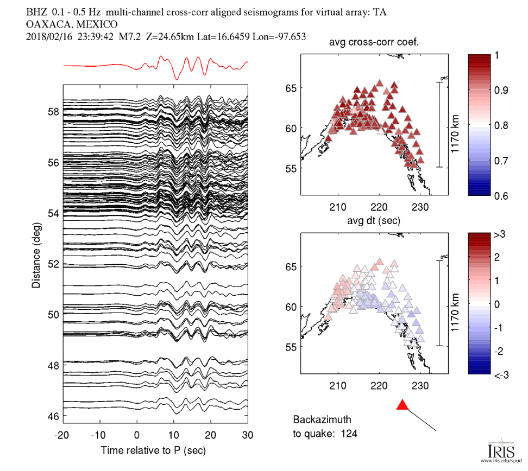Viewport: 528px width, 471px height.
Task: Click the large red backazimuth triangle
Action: [x=402, y=405]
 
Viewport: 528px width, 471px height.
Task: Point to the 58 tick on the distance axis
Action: [x=53, y=112]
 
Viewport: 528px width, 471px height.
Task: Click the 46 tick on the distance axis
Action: [x=53, y=416]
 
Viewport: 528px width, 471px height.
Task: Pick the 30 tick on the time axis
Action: [x=248, y=435]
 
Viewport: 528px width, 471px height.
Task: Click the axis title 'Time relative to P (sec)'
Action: [x=153, y=450]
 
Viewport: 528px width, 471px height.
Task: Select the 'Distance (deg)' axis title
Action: [x=36, y=254]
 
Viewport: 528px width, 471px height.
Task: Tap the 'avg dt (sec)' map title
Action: [x=373, y=221]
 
